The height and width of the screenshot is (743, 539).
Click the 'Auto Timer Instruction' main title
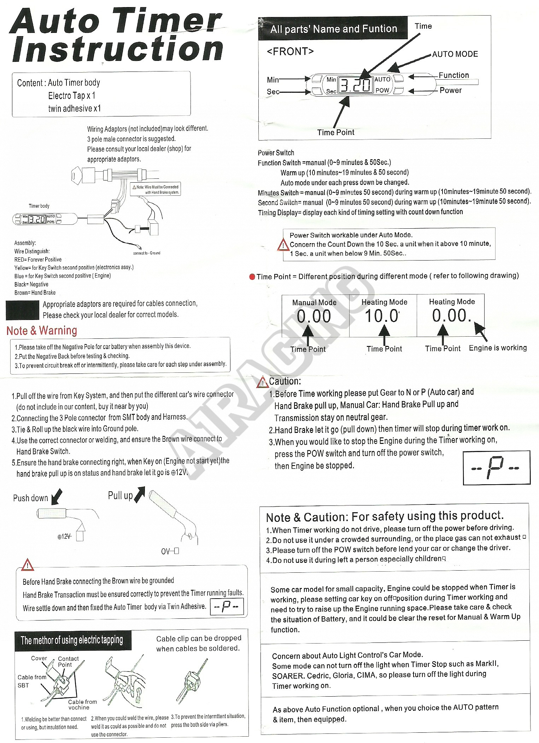[x=117, y=35]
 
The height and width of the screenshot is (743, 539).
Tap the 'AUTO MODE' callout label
[x=455, y=54]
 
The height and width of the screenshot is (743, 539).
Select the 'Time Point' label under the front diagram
[x=335, y=132]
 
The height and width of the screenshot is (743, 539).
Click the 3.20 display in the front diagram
[x=356, y=85]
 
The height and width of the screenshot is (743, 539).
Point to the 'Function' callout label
[x=453, y=75]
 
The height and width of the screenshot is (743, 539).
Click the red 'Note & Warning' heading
[x=42, y=331]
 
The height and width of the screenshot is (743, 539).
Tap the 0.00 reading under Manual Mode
[x=314, y=316]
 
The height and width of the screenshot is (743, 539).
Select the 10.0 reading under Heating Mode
[x=382, y=316]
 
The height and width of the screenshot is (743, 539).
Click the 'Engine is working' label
[x=498, y=348]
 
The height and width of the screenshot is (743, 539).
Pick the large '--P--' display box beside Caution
[x=496, y=468]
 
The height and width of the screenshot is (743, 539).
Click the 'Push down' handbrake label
[x=30, y=498]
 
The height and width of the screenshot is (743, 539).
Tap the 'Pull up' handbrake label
[x=120, y=496]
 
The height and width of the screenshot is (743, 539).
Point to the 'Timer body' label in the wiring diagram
[x=39, y=206]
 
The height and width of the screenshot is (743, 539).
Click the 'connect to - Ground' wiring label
[x=147, y=253]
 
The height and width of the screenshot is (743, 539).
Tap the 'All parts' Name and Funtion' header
[x=334, y=29]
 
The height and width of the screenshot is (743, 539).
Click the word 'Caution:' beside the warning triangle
[x=285, y=381]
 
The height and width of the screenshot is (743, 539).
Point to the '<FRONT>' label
[x=290, y=52]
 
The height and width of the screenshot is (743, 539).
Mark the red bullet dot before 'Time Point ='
[x=252, y=277]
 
